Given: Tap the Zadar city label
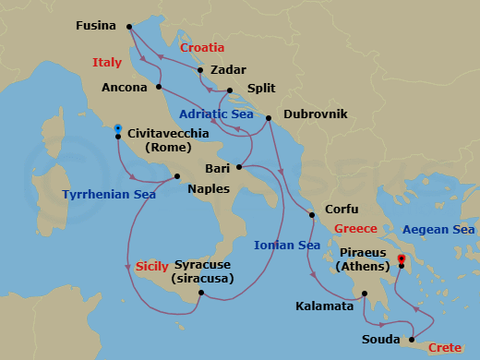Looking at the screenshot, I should pyautogui.click(x=228, y=69).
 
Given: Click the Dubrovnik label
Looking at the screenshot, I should pyautogui.click(x=316, y=113).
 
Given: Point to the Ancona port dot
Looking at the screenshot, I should pyautogui.click(x=160, y=88).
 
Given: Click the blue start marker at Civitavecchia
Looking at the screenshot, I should pyautogui.click(x=118, y=129).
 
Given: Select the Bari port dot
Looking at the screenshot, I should pyautogui.click(x=238, y=167).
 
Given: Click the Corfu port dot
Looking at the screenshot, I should pyautogui.click(x=312, y=214).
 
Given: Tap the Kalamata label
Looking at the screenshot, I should pyautogui.click(x=324, y=305).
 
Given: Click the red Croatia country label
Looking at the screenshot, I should pyautogui.click(x=202, y=47).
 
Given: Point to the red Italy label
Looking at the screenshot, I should pyautogui.click(x=107, y=63).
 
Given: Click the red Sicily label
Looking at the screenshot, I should pyautogui.click(x=151, y=266).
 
